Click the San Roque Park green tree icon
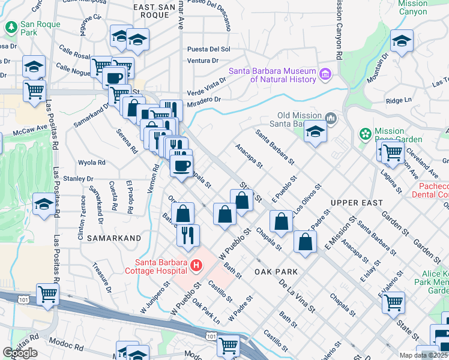(x=11, y=26)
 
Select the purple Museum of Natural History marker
(x=325, y=74)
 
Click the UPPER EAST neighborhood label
(x=355, y=203)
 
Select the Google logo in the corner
(x=19, y=353)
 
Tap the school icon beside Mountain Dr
(x=402, y=41)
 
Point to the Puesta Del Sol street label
(x=208, y=49)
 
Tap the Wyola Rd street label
(x=92, y=163)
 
